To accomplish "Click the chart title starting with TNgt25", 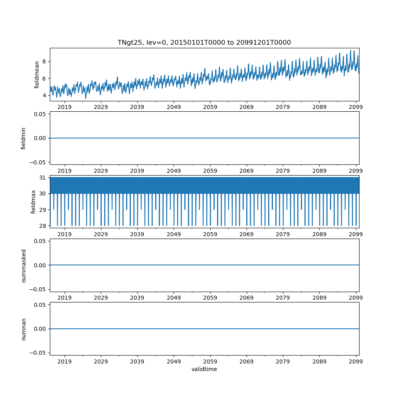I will tap(204, 42).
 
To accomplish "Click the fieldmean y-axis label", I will tap(37, 75).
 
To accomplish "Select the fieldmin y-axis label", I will tap(24, 138).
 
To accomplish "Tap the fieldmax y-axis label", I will tap(34, 201).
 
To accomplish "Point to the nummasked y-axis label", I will tap(24, 265).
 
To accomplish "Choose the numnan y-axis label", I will tap(24, 329).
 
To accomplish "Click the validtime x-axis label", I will tap(204, 369).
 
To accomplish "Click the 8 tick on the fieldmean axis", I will tap(44, 61).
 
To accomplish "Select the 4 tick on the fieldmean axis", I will tap(44, 95).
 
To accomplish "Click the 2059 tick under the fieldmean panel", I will tap(210, 107).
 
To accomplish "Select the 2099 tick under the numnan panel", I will tap(356, 361).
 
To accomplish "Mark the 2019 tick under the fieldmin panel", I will tap(65, 171).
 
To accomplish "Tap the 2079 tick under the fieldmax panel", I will tap(283, 234).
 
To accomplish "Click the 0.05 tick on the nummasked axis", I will tap(40, 241).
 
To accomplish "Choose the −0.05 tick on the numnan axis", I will tap(39, 353).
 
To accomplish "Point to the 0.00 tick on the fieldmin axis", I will tap(40, 138).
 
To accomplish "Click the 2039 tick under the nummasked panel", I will tap(137, 298).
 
